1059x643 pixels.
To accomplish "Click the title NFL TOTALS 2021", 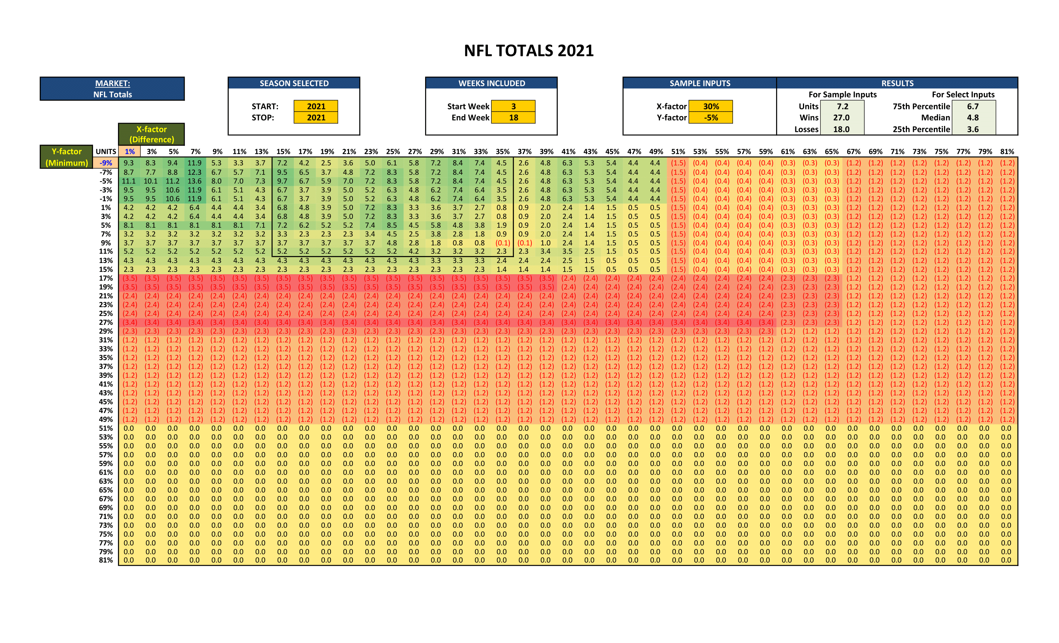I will (529, 51).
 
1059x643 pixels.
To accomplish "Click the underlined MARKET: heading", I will (113, 83).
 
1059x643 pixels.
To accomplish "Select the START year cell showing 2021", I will (316, 106).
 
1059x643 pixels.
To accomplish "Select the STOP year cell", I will (316, 118).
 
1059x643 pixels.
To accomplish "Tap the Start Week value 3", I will (513, 106).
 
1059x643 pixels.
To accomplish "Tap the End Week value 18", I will (513, 118).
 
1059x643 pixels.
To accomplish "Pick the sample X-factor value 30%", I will (711, 106).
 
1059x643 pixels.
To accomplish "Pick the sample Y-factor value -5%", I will (711, 118).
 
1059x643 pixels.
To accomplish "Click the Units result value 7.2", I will (842, 106).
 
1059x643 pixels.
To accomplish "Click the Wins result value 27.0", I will (842, 118).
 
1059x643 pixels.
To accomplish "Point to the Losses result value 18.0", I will (842, 129).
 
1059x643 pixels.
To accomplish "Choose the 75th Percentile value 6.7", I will (973, 106).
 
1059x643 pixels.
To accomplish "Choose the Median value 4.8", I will (973, 118).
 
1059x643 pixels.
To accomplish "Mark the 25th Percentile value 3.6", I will (973, 129).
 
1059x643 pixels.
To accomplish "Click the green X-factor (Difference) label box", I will (152, 134).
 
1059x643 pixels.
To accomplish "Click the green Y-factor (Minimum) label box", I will (67, 157).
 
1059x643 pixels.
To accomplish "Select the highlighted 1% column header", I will (129, 152).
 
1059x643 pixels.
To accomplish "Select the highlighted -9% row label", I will (106, 163).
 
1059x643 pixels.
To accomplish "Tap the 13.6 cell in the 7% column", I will (194, 181).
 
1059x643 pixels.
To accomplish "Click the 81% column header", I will (1007, 152).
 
